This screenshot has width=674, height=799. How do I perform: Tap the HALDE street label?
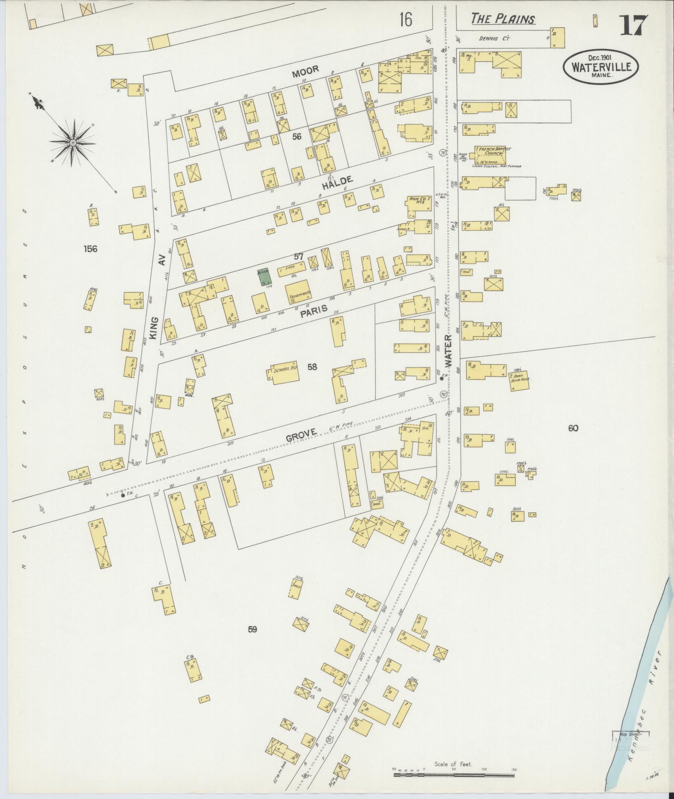[338, 180]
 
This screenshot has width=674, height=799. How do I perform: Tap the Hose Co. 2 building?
[418, 205]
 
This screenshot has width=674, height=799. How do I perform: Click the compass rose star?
[73, 143]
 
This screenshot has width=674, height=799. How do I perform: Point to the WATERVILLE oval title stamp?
[601, 67]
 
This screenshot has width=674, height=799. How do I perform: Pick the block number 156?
[90, 249]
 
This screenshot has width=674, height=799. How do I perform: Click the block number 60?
[573, 428]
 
